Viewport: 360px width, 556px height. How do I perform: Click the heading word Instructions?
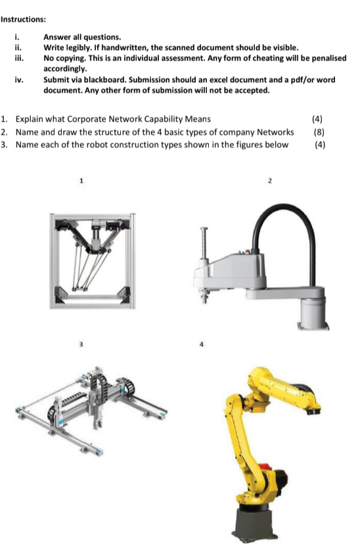tap(23, 19)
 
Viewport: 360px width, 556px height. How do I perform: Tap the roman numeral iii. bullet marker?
tap(18, 58)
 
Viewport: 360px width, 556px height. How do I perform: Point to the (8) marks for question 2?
tap(319, 132)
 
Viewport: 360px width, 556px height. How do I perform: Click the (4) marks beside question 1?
tap(317, 119)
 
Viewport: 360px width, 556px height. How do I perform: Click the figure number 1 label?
tap(81, 181)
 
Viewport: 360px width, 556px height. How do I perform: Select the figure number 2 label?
tap(269, 181)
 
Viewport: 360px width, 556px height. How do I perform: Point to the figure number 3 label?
tap(81, 344)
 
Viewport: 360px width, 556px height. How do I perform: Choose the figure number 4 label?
tap(201, 344)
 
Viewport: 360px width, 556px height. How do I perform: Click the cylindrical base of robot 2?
tap(313, 312)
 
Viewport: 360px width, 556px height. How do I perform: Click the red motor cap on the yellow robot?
tap(263, 467)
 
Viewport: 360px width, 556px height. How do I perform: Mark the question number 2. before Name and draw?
tap(4, 132)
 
